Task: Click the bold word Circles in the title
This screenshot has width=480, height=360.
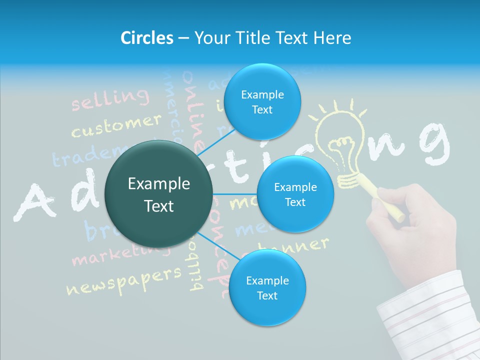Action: (146, 38)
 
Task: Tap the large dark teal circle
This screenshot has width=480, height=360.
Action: (159, 194)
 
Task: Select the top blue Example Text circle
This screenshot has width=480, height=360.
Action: (262, 102)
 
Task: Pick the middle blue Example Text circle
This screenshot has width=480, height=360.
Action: (295, 194)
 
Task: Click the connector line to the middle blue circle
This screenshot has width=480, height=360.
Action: (235, 194)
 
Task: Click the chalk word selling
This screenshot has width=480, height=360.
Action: (110, 99)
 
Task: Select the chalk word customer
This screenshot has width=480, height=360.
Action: (116, 125)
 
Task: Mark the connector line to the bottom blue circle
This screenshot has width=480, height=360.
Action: (218, 246)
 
